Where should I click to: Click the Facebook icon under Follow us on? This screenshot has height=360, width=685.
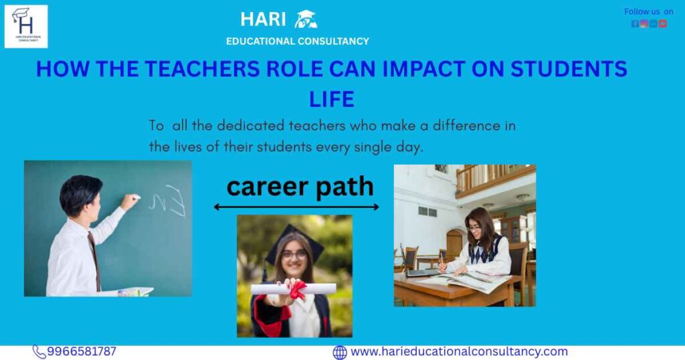(635, 23)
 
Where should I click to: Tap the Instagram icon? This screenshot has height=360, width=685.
(644, 23)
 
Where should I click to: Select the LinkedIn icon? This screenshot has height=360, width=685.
(653, 23)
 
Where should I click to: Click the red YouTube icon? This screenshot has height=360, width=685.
(662, 23)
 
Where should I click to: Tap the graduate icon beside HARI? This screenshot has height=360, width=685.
(306, 19)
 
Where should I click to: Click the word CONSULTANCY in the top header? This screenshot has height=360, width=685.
(332, 41)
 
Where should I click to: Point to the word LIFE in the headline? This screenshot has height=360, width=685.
(331, 100)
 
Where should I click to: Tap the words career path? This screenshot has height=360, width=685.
(300, 187)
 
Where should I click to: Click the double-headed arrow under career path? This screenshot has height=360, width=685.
(296, 207)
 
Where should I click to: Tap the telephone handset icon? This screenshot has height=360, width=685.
(39, 352)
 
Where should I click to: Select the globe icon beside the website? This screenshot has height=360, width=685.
(340, 352)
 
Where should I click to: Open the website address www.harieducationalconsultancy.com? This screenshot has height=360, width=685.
(459, 351)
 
